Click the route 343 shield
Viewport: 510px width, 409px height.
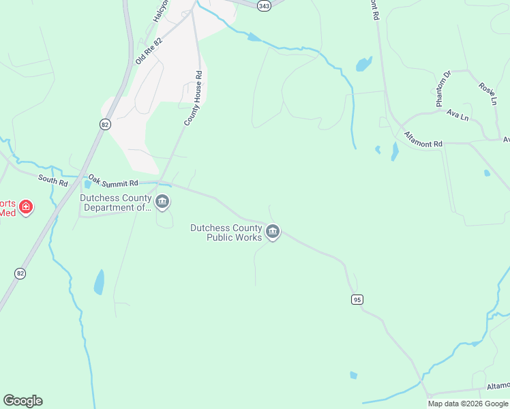click(x=265, y=5)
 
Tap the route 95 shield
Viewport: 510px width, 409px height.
click(x=357, y=299)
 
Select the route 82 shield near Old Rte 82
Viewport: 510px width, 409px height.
click(x=104, y=124)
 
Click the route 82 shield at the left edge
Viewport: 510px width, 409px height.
click(x=20, y=273)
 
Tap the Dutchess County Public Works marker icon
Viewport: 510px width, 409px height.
click(x=273, y=232)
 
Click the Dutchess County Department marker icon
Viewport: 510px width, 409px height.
click(x=162, y=202)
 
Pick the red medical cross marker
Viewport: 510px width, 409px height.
click(x=26, y=207)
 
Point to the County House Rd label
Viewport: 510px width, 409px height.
click(x=194, y=98)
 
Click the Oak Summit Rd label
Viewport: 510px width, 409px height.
click(x=113, y=181)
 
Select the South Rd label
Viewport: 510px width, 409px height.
click(x=53, y=179)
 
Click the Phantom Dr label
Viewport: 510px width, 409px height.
click(x=443, y=89)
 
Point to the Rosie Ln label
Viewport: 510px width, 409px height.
click(x=487, y=94)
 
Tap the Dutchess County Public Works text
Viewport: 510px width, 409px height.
click(x=226, y=232)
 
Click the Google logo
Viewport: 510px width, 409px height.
click(x=22, y=401)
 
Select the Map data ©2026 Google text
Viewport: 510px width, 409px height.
click(x=467, y=404)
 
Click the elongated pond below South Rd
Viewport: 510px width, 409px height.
click(x=100, y=282)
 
